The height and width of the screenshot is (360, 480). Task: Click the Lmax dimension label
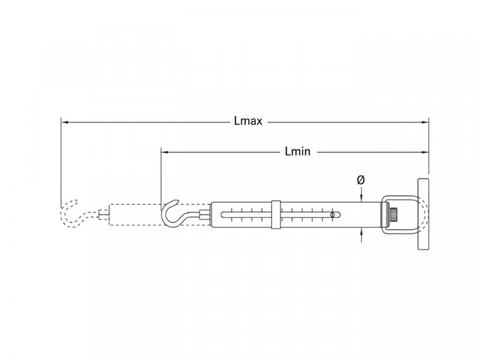tap(248, 121)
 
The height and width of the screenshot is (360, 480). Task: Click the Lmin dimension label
tap(298, 151)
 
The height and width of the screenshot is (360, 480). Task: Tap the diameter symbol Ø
tap(361, 180)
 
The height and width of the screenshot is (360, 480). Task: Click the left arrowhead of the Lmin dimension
tap(165, 152)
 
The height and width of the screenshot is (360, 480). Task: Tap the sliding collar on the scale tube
tap(276, 215)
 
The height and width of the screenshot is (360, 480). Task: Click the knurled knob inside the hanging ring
tap(395, 215)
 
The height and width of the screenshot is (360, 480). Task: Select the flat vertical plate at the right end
tap(424, 215)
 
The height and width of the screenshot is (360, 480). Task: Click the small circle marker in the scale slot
tap(333, 215)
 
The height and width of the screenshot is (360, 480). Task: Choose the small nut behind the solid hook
tap(203, 215)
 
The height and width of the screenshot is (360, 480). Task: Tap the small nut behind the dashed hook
tap(104, 215)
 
